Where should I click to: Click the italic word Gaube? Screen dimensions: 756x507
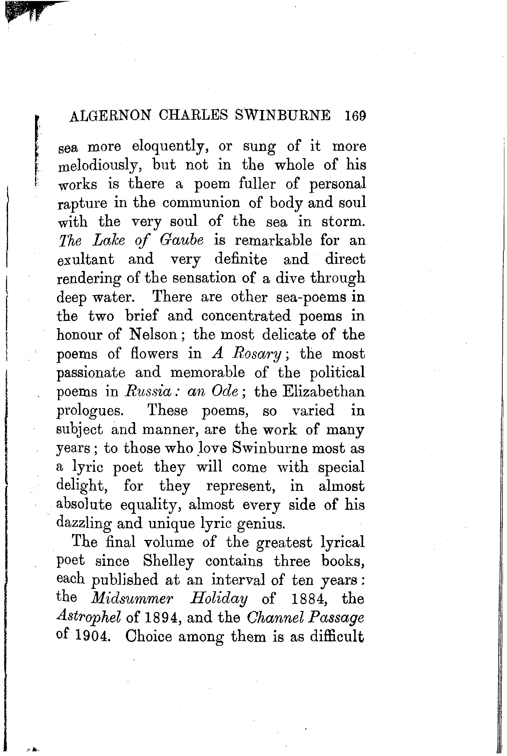click(x=182, y=241)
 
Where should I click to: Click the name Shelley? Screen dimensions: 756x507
click(x=168, y=562)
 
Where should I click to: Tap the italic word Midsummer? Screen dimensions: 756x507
click(x=132, y=599)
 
